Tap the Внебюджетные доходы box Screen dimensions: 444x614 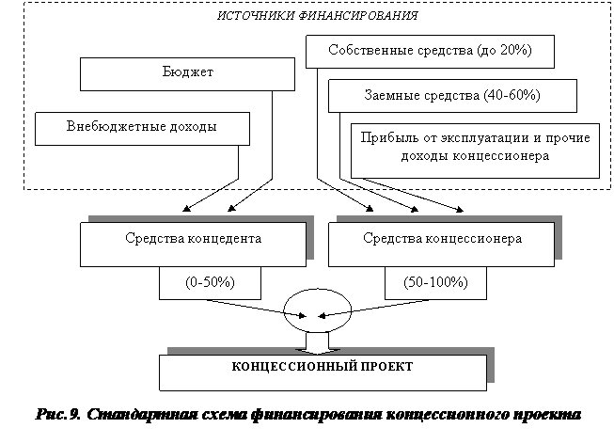142,127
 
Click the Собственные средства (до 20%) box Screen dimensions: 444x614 431,51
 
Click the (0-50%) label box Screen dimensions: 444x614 210,281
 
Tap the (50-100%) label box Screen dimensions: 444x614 434,281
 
